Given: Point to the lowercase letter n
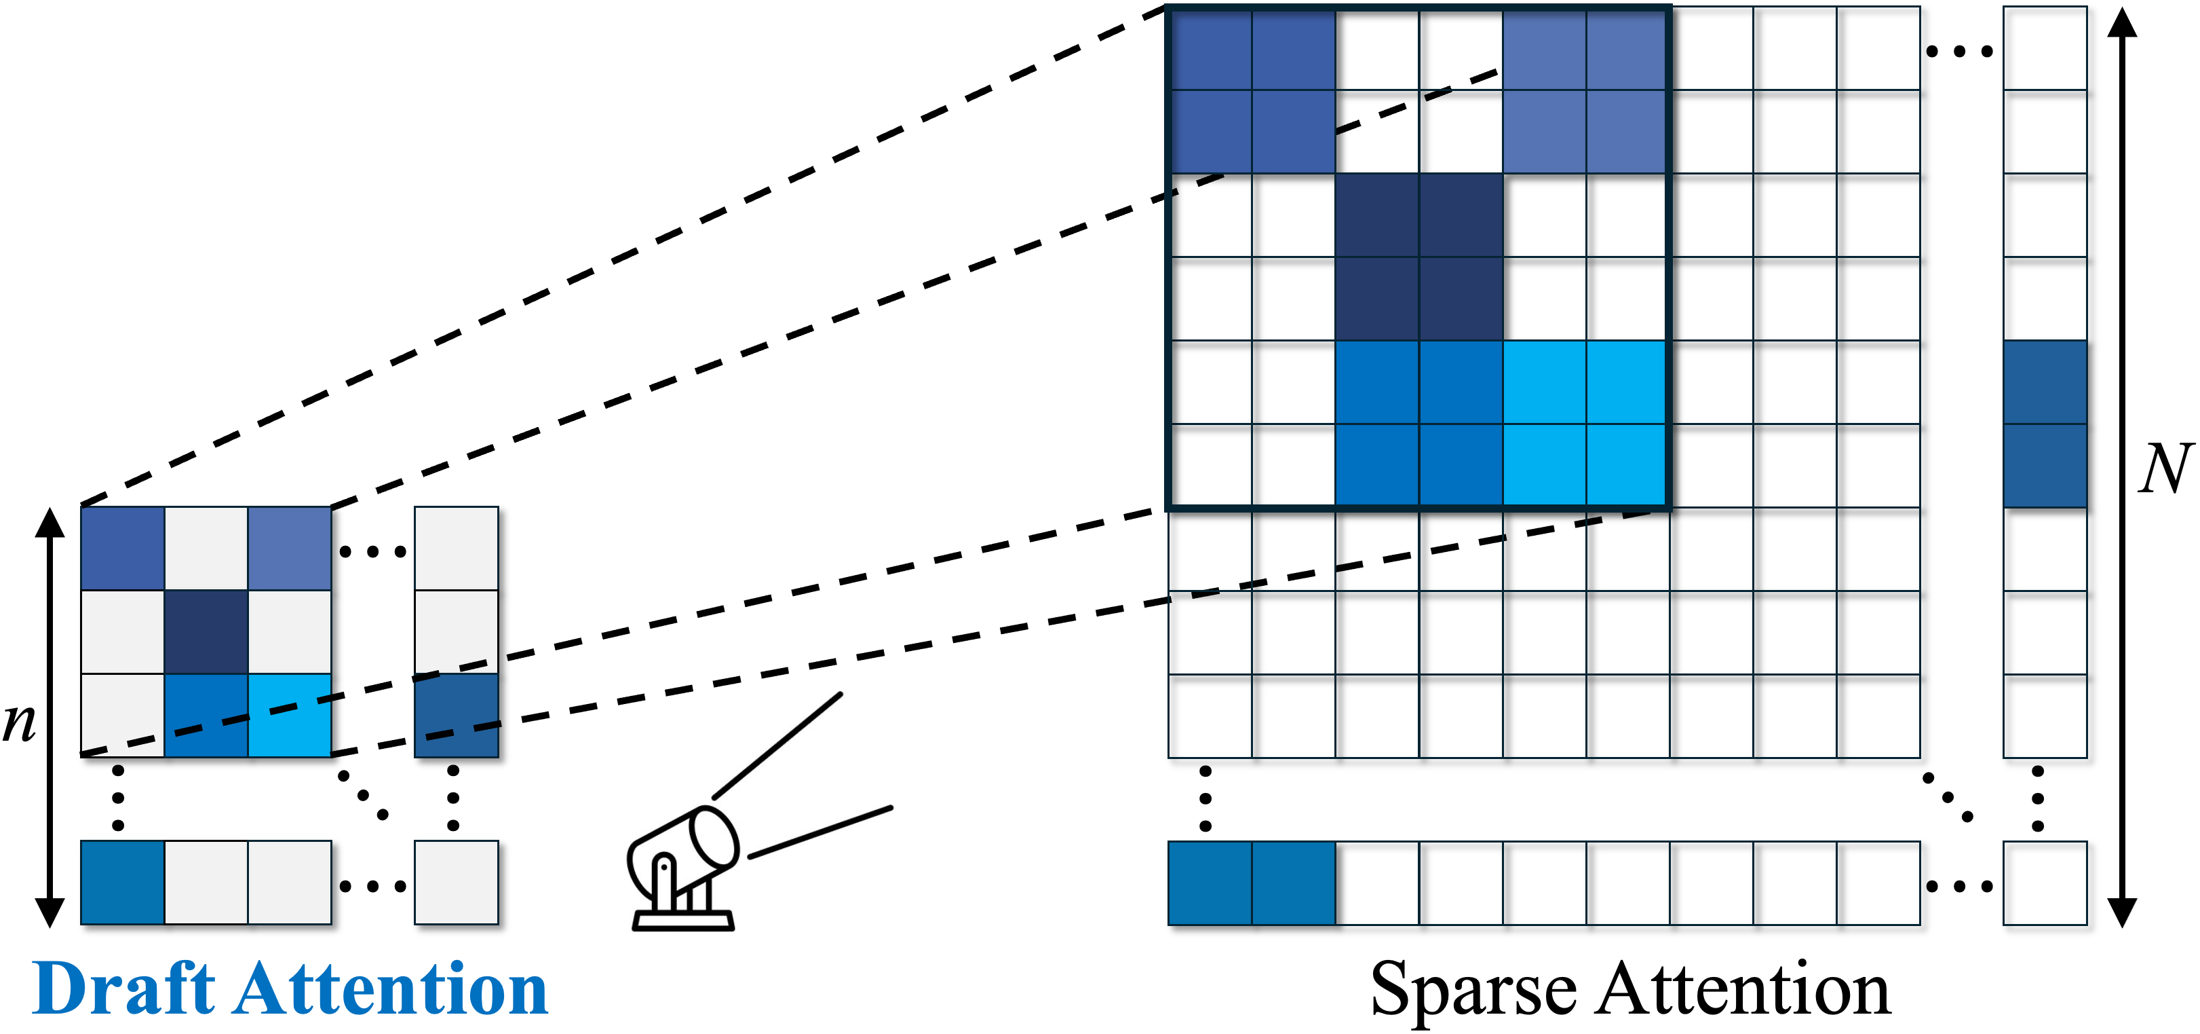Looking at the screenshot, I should [x=19, y=722].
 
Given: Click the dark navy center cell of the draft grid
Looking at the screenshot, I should [x=206, y=631].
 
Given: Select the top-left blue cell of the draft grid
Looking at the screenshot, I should [x=123, y=548].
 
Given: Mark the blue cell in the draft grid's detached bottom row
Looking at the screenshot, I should [x=123, y=882].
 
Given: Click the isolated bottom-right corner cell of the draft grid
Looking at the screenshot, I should [x=456, y=882].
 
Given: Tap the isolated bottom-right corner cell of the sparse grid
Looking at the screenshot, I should [x=2045, y=883].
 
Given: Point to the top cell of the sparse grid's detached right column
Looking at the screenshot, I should [x=2045, y=48].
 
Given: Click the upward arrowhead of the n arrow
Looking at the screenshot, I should [x=50, y=522].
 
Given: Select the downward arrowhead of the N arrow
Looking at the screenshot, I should [x=2122, y=912].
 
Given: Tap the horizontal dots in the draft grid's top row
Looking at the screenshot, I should [x=372, y=551].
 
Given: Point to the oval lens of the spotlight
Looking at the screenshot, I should [x=714, y=838].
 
